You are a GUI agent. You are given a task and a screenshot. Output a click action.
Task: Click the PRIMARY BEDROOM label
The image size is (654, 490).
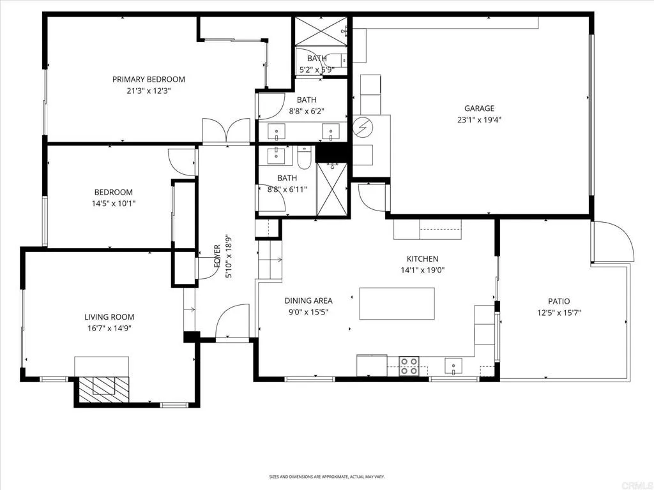point(148,80)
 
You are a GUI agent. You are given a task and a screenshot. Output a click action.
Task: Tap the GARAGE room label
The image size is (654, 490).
point(479,108)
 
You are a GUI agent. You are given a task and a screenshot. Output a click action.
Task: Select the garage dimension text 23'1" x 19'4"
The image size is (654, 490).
point(479,119)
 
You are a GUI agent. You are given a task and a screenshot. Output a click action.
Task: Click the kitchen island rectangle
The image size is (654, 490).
point(397,304)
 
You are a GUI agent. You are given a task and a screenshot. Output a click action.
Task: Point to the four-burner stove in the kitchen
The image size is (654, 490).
point(409,366)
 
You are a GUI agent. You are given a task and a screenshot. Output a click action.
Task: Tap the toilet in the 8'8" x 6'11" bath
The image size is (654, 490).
point(303,158)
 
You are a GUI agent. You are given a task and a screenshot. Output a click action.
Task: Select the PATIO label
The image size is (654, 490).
point(558,302)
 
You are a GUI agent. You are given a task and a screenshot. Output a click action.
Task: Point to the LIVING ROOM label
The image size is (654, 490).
point(109,317)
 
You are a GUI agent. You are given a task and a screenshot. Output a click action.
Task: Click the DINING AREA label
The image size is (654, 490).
point(308,301)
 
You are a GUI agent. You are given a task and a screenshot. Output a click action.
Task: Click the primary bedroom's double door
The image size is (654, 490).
point(226,131)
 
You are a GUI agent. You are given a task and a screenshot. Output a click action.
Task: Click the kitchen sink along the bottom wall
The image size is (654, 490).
point(454,366)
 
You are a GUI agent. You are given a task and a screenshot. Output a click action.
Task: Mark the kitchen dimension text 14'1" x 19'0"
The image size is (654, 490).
point(422,270)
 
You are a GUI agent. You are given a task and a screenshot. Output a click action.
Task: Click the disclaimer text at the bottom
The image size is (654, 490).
point(326,477)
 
